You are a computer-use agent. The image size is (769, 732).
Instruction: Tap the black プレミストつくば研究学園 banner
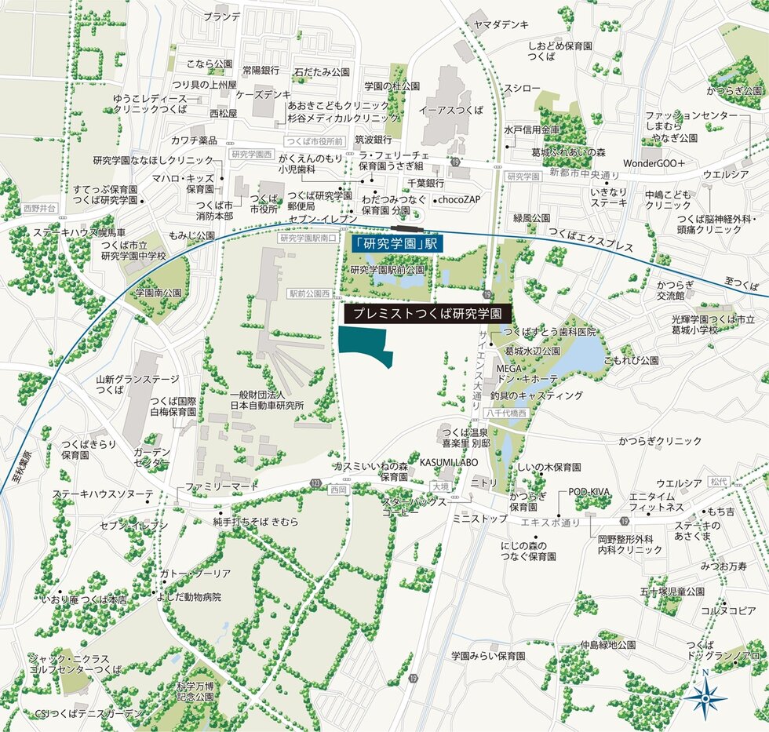(428, 312)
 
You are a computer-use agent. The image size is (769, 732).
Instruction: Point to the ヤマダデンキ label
(501, 25)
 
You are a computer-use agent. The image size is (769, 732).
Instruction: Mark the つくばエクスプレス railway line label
(591, 240)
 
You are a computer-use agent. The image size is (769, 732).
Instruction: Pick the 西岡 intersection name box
(338, 489)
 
